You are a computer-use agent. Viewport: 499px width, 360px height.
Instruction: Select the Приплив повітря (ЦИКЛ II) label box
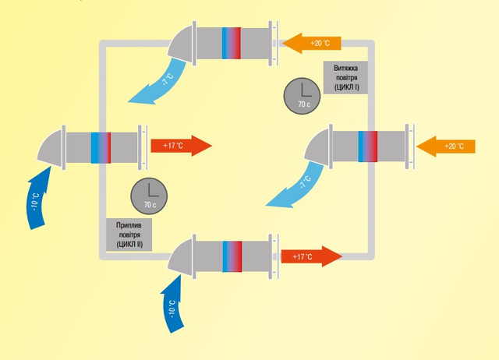click(x=128, y=234)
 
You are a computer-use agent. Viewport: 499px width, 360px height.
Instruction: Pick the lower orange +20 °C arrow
click(x=445, y=146)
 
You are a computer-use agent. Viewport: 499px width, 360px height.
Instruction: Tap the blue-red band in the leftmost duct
click(x=101, y=146)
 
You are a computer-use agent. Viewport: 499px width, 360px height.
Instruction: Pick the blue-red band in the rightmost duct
click(x=368, y=146)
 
